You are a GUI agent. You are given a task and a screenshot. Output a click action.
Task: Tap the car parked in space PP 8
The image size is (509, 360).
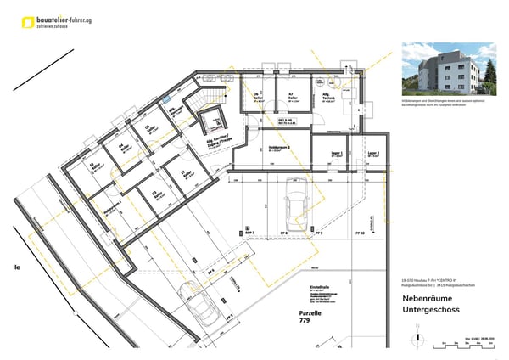coord(299,202)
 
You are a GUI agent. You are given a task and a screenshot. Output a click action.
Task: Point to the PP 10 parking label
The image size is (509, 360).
coord(360,232)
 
